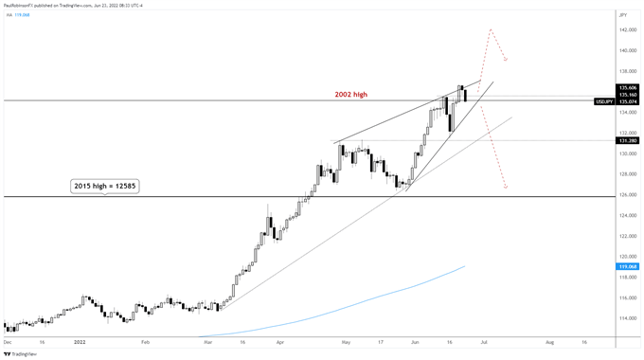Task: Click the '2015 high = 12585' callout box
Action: coord(105,187)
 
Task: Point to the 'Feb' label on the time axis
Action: coord(145,340)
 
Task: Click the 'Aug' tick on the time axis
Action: coord(549,340)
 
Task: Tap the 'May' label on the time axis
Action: coord(346,340)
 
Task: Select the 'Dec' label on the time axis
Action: coord(9,340)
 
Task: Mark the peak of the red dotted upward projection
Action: coord(491,29)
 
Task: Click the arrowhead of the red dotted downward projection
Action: coord(507,187)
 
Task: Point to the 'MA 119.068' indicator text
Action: coord(16,15)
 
